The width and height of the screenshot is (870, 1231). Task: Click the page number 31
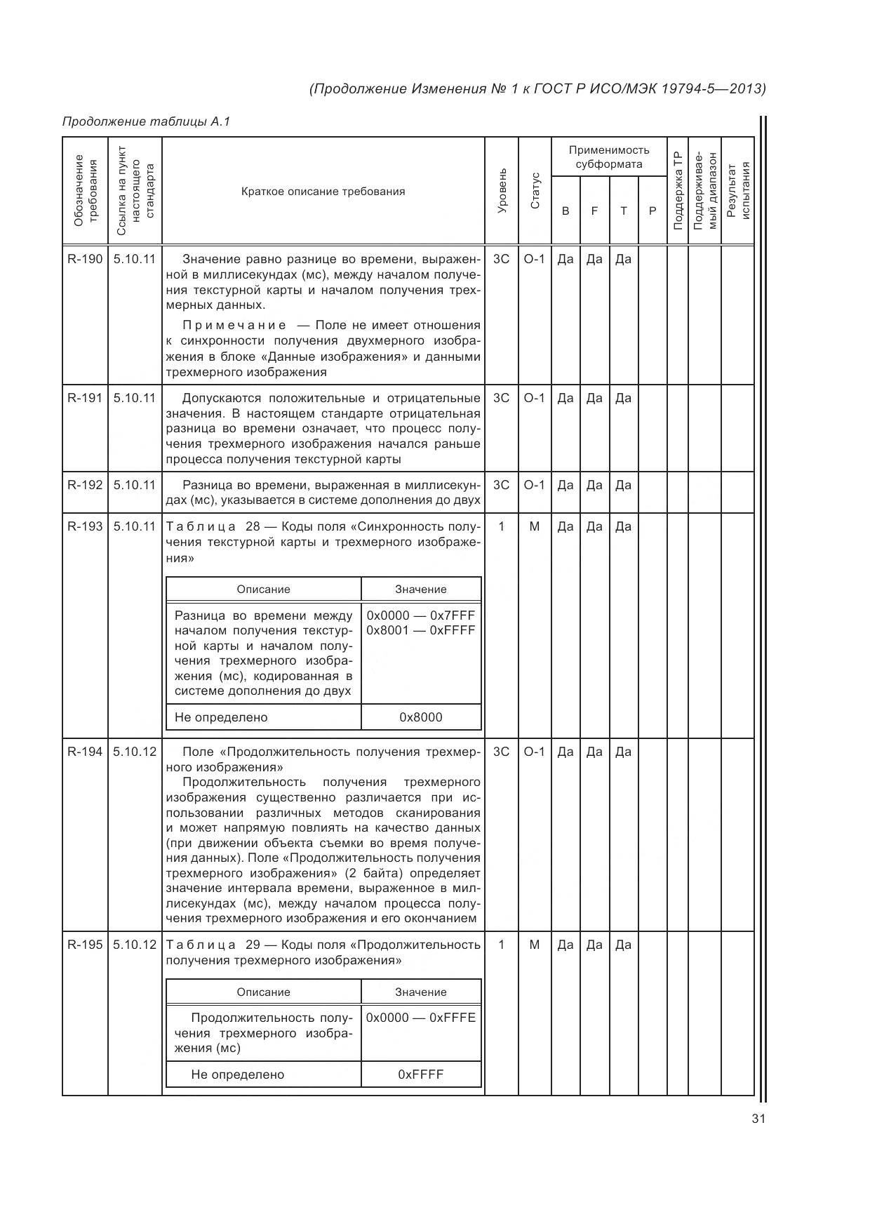click(x=758, y=1119)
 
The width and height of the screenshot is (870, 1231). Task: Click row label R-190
click(x=85, y=259)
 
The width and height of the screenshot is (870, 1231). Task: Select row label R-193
click(x=85, y=526)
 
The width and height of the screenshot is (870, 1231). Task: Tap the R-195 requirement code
click(x=85, y=945)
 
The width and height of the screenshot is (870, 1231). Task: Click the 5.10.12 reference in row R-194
click(x=135, y=752)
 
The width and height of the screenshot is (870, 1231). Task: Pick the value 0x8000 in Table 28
click(x=421, y=717)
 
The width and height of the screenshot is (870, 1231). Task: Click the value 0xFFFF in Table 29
click(x=421, y=1074)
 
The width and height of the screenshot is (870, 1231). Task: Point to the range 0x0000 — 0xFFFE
click(x=421, y=1018)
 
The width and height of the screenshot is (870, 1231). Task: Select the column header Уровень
click(x=502, y=191)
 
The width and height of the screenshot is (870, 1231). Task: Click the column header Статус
click(x=535, y=191)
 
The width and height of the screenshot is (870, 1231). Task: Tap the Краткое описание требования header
click(x=323, y=192)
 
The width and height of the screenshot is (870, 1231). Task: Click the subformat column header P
click(x=652, y=211)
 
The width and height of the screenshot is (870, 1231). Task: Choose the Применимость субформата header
click(x=609, y=157)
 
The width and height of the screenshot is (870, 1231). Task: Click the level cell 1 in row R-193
click(x=502, y=526)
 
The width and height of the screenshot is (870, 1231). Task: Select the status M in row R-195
click(x=535, y=945)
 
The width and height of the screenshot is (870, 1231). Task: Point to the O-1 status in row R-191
click(x=535, y=398)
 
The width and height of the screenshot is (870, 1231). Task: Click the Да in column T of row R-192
click(x=623, y=485)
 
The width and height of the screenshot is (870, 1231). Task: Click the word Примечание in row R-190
click(x=234, y=325)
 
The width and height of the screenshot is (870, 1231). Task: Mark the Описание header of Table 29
click(x=263, y=992)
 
